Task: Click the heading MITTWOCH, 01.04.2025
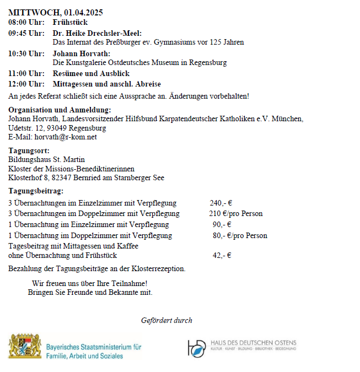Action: [x=56, y=12]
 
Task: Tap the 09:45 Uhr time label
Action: [x=26, y=33]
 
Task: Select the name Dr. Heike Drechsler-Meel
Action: [x=97, y=33]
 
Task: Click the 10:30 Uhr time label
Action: [x=26, y=53]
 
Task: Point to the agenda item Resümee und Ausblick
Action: [x=92, y=73]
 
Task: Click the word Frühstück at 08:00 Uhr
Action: [x=70, y=23]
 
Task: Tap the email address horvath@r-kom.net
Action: [x=65, y=137]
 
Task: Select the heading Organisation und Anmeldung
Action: [x=60, y=110]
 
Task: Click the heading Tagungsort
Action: [x=29, y=150]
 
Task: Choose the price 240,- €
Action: [x=221, y=203]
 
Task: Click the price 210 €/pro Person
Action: [x=236, y=213]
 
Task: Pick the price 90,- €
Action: [x=222, y=224]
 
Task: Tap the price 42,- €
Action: [x=222, y=255]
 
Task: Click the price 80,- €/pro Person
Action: [x=240, y=235]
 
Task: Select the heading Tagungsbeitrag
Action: [x=36, y=191]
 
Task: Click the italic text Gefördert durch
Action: [x=166, y=320]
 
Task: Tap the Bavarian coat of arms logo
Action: [x=25, y=346]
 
